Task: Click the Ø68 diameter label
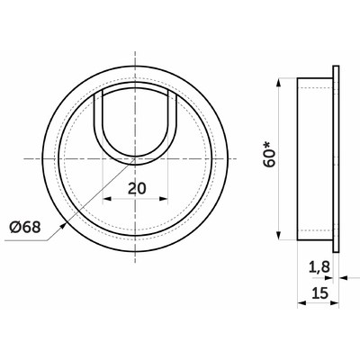[25, 228]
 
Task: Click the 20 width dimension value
[137, 188]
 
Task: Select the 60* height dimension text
[269, 154]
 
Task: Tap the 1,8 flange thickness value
[319, 266]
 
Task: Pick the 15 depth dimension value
[320, 292]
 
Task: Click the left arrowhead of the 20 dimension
[106, 199]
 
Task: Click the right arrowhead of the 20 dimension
[164, 199]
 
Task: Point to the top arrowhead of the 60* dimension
[279, 82]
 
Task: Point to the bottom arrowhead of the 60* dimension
[279, 236]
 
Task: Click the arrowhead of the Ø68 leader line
[63, 225]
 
